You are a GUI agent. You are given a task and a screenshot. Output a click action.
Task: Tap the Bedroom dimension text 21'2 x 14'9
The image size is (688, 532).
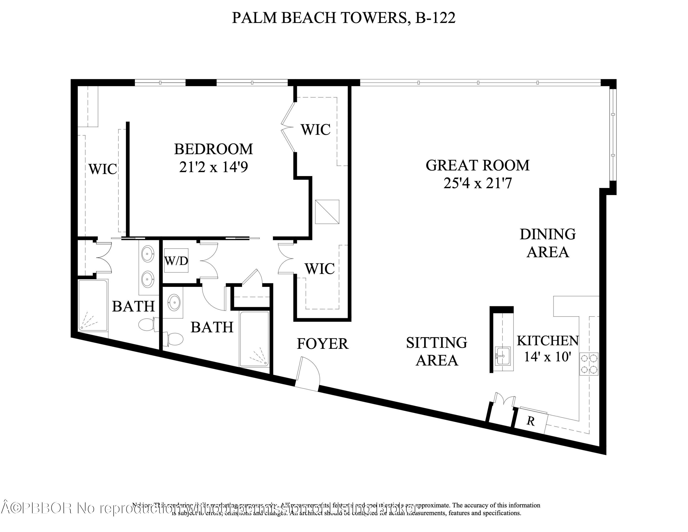213,167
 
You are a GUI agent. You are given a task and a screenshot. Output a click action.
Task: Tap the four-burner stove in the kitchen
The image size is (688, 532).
589,363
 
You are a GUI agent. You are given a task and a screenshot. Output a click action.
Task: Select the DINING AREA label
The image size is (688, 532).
547,243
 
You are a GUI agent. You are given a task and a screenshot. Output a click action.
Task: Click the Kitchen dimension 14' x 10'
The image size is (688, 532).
547,357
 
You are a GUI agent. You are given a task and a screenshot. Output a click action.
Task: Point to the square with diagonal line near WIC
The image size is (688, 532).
327,212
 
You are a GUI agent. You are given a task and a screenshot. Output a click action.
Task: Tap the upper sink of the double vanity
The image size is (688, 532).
147,254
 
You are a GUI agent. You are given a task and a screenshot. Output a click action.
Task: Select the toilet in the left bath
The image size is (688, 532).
147,325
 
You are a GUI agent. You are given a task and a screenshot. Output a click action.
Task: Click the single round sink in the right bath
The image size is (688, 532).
174,302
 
